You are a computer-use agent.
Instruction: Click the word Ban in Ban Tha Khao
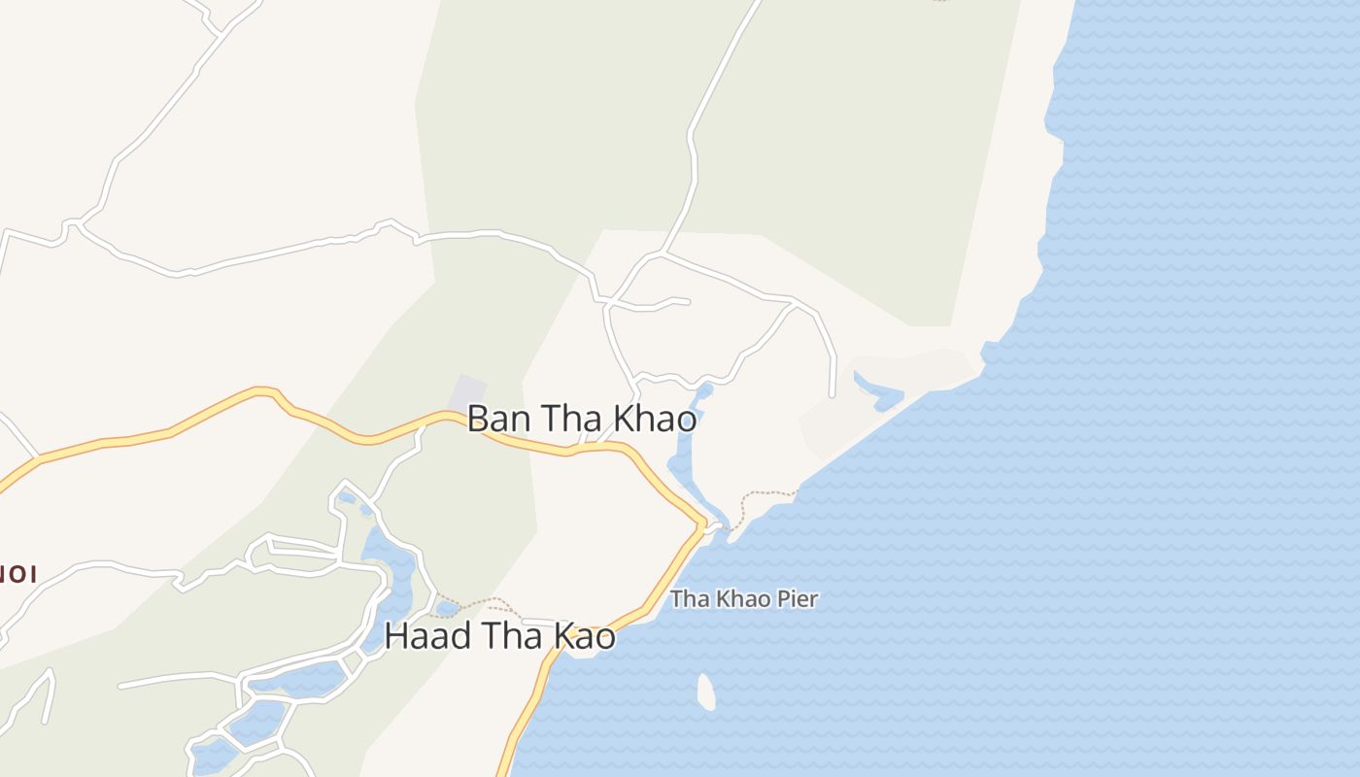[x=498, y=419]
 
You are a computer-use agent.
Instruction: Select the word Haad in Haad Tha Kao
[x=425, y=637]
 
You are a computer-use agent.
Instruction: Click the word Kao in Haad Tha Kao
[x=585, y=637]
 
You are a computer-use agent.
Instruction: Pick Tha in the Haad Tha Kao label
[x=511, y=637]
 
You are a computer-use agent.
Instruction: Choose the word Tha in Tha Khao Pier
[x=688, y=598]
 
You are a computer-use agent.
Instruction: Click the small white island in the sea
[x=706, y=692]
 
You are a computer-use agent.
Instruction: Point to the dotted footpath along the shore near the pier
[x=764, y=497]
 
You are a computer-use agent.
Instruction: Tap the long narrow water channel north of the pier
[x=683, y=456]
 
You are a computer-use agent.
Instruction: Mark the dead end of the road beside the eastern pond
[x=833, y=394]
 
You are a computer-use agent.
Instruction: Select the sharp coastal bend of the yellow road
[x=701, y=524]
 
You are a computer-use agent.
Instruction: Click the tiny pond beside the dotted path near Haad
[x=447, y=609]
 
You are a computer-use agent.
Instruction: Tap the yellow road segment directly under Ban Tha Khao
[x=544, y=448]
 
